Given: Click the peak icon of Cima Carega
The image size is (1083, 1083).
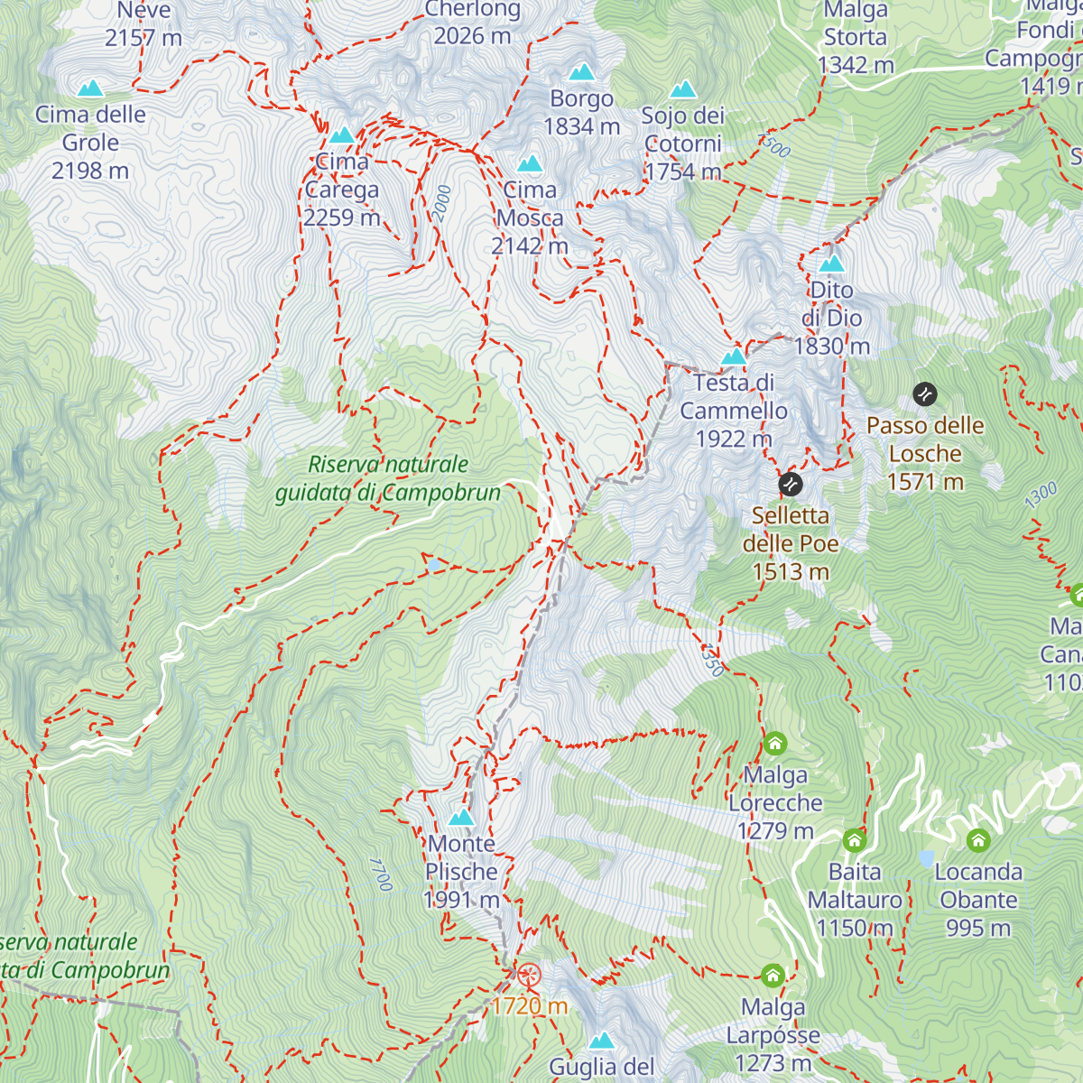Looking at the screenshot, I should (341, 135).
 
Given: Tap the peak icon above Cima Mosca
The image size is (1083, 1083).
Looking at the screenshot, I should (530, 163).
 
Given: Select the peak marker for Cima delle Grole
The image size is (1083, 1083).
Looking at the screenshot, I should (89, 88).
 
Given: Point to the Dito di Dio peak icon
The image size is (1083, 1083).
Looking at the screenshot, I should (831, 264).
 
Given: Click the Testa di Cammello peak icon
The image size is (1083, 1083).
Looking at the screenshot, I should (734, 356).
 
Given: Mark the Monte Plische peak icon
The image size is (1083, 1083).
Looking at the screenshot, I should (461, 818).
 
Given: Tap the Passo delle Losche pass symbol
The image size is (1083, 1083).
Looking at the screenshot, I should (925, 394).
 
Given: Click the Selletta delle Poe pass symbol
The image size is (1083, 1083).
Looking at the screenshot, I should (791, 485).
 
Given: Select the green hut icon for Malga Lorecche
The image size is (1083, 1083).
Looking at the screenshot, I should (775, 745).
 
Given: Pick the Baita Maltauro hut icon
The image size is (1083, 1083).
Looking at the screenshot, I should (855, 841).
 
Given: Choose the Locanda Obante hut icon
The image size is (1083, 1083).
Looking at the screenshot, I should (978, 841).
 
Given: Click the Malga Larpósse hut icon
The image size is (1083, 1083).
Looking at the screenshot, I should (773, 976).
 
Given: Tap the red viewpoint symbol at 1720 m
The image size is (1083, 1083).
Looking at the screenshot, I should (529, 975).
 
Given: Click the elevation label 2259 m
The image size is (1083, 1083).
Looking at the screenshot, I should (342, 218).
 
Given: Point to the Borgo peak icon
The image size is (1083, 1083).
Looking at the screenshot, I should (582, 71).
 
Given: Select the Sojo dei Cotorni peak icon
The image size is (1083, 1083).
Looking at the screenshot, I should (683, 89).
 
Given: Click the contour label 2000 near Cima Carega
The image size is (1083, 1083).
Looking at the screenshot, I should (441, 204).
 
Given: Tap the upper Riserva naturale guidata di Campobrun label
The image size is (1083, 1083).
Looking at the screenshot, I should (387, 478).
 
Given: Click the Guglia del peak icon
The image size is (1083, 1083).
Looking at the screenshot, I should (602, 1041).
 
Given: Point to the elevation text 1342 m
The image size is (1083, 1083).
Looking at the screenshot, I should (856, 65).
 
